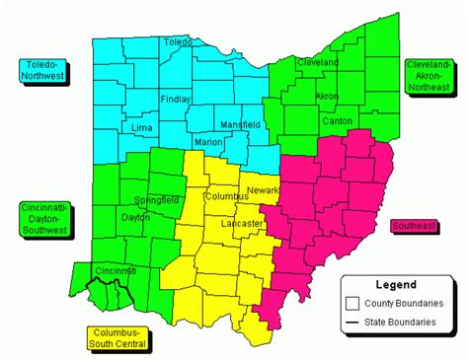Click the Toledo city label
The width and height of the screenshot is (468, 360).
coord(178,42)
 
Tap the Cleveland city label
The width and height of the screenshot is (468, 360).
coord(318,62)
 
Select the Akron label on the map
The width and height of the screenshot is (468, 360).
coord(326,96)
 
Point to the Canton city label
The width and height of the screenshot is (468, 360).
coord(338,120)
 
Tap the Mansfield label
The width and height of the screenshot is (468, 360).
coord(240,125)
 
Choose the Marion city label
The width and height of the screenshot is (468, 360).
coord(208,142)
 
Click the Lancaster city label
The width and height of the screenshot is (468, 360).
coord(245,224)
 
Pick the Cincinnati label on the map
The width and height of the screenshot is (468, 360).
coord(115,270)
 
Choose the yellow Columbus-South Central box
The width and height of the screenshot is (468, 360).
coord(117,337)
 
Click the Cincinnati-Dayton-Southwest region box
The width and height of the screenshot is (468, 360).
coord(43,219)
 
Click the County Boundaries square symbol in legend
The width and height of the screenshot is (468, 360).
coord(351,302)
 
